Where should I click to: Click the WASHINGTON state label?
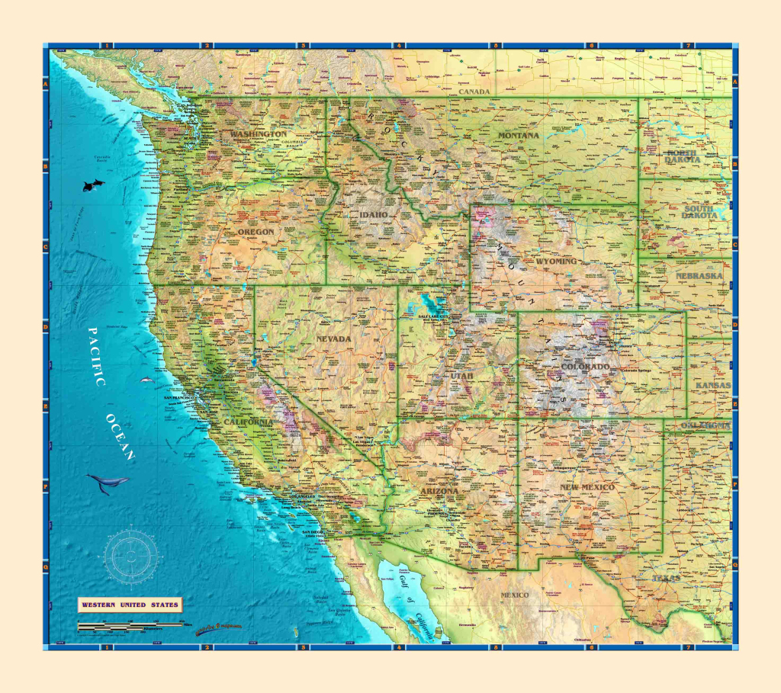tap(259, 134)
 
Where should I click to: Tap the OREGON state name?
tap(256, 232)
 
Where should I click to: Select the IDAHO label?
tap(374, 216)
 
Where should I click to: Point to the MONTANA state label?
tap(519, 136)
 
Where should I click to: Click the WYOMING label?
tap(556, 261)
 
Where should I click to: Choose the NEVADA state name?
tap(334, 338)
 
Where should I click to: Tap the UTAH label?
tap(461, 376)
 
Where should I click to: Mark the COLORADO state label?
tap(586, 367)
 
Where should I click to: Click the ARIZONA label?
tap(439, 492)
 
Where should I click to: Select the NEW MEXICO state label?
tap(587, 487)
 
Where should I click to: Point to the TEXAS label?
tap(665, 579)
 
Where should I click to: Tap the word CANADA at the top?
tap(473, 91)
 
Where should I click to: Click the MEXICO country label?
tap(515, 595)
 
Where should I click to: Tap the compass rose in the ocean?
tap(131, 553)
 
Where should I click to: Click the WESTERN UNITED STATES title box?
tap(130, 605)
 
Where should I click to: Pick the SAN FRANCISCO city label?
tap(178, 398)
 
